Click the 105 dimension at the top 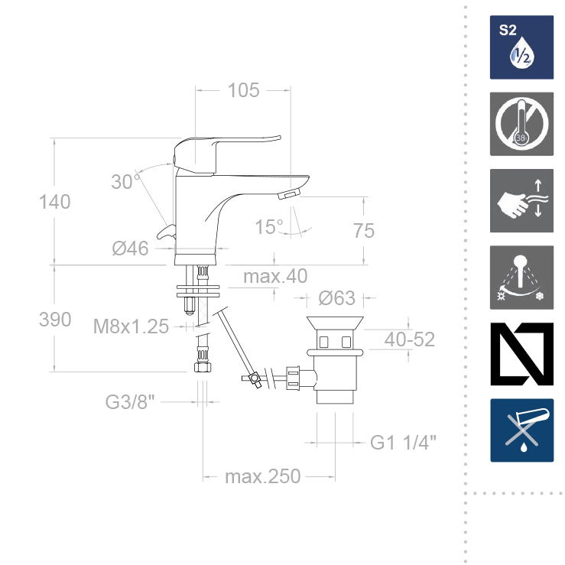[x=244, y=90]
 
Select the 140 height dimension [x=55, y=202]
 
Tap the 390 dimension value [x=55, y=320]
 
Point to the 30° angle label [x=125, y=182]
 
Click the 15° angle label [x=269, y=227]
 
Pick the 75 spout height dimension [x=365, y=230]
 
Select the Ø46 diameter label [x=130, y=248]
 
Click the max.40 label [x=275, y=276]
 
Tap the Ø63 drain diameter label [x=337, y=297]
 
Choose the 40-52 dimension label [x=410, y=339]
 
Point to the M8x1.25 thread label [x=131, y=326]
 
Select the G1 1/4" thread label [x=404, y=443]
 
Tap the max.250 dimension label [x=262, y=477]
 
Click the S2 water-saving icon [x=521, y=47]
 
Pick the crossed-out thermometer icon [x=521, y=124]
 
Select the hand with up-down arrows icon [x=521, y=200]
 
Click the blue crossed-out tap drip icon [x=521, y=430]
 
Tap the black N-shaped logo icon [x=521, y=354]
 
